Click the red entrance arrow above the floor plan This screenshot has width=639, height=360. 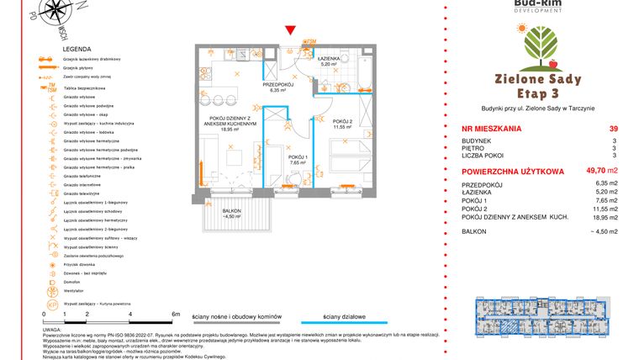[291, 31]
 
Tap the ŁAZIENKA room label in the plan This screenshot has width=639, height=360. [329, 60]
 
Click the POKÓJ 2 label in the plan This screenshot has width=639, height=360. [342, 123]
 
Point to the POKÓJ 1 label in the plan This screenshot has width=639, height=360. [298, 158]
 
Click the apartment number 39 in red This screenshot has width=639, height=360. [613, 129]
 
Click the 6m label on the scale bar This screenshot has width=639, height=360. [176, 313]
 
